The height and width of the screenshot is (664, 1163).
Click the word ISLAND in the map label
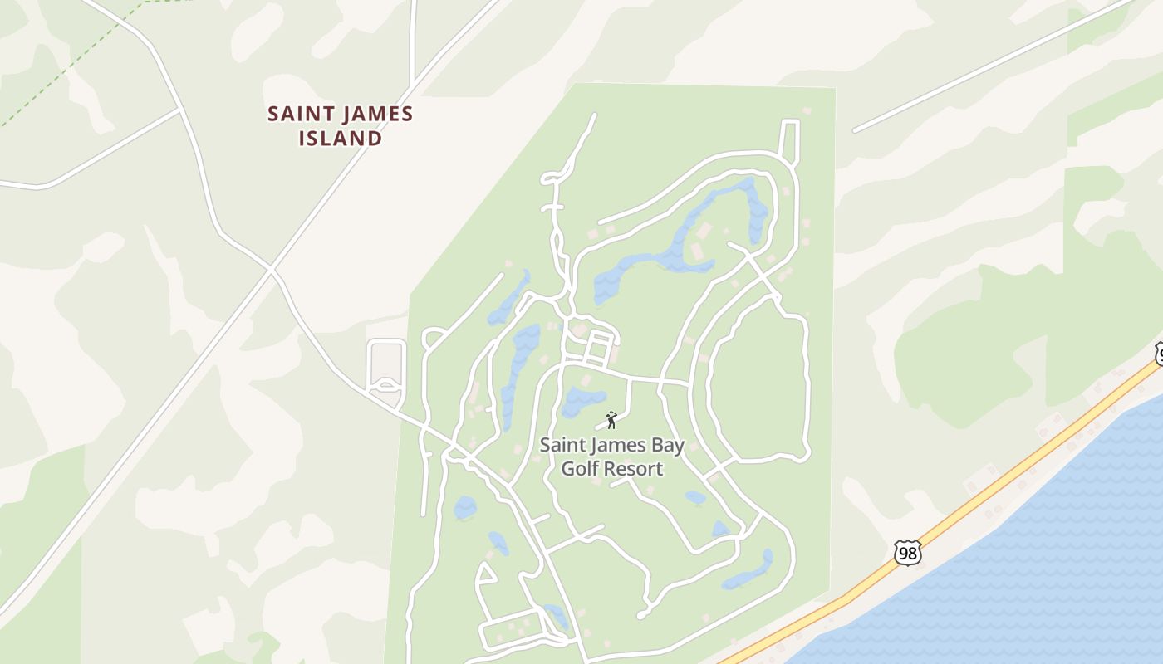click(340, 138)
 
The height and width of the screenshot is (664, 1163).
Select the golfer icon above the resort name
click(612, 420)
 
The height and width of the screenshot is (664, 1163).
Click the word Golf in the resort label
click(580, 469)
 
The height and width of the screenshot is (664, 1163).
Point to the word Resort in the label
click(633, 469)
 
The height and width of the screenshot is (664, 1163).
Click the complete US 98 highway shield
click(908, 553)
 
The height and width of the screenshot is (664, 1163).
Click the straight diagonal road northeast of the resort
click(989, 66)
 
